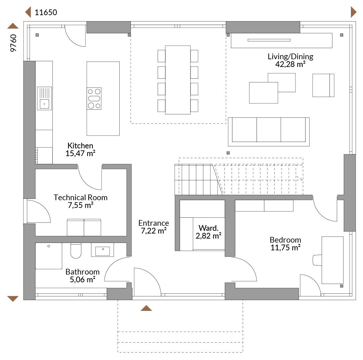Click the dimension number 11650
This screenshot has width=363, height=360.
46,12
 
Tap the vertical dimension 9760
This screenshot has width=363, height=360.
13,43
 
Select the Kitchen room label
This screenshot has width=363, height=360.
80,146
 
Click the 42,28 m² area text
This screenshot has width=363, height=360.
290,64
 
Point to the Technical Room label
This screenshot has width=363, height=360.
81,197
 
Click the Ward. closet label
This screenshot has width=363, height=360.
208,228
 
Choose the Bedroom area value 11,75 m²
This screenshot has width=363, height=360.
285,248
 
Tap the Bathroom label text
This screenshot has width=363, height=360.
82,272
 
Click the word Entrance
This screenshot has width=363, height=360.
154,223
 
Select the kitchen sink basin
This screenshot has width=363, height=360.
44,104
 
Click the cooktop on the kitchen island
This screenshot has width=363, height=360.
94,99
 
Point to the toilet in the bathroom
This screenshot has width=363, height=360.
76,251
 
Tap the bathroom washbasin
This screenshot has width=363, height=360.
103,250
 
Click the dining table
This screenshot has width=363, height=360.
178,80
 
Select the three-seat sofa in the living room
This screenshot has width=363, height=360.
269,132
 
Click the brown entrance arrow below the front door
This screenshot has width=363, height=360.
146,308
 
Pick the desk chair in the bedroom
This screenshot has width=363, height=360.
317,260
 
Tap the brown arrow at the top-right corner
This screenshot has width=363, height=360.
354,12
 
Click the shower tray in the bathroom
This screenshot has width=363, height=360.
49,256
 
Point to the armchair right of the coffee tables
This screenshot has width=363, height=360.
323,85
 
